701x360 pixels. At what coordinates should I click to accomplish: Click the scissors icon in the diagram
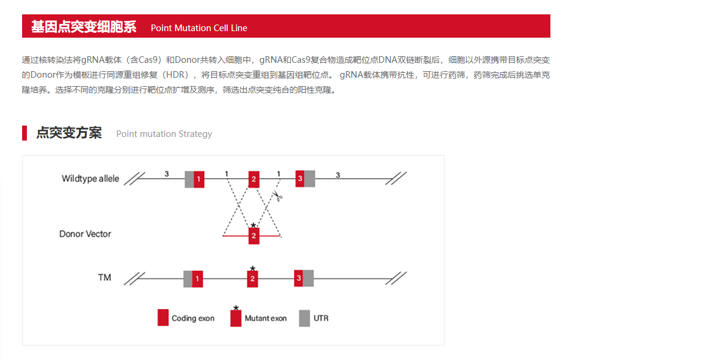[x=278, y=196]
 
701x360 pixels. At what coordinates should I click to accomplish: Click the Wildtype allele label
[x=90, y=179]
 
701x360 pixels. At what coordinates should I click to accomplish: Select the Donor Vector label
[x=85, y=234]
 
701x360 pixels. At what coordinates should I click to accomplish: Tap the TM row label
[x=105, y=277]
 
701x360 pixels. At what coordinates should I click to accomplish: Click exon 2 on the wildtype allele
[x=253, y=179]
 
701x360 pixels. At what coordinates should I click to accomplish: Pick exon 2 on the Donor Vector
[x=253, y=236]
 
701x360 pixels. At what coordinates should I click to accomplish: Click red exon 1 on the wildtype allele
[x=199, y=179]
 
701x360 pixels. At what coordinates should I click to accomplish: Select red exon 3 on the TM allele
[x=299, y=278]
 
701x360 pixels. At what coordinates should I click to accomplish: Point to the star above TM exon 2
[x=253, y=269]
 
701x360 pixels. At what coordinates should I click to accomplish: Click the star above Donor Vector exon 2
[x=253, y=225]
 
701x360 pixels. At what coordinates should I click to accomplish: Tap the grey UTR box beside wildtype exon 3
[x=310, y=179]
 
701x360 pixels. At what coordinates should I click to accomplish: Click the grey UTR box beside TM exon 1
[x=188, y=279]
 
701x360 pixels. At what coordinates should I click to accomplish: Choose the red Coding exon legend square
[x=163, y=318]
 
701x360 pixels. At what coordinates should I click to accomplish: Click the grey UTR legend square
[x=304, y=318]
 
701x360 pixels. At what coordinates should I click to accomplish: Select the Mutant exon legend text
[x=265, y=318]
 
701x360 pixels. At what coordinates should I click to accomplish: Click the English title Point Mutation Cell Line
[x=199, y=28]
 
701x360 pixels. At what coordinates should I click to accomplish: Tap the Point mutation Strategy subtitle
[x=164, y=134]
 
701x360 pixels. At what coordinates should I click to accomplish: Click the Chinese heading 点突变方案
[x=69, y=133]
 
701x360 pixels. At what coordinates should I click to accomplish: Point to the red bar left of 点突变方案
[x=25, y=133]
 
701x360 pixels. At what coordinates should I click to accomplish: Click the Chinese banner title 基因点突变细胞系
[x=84, y=27]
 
